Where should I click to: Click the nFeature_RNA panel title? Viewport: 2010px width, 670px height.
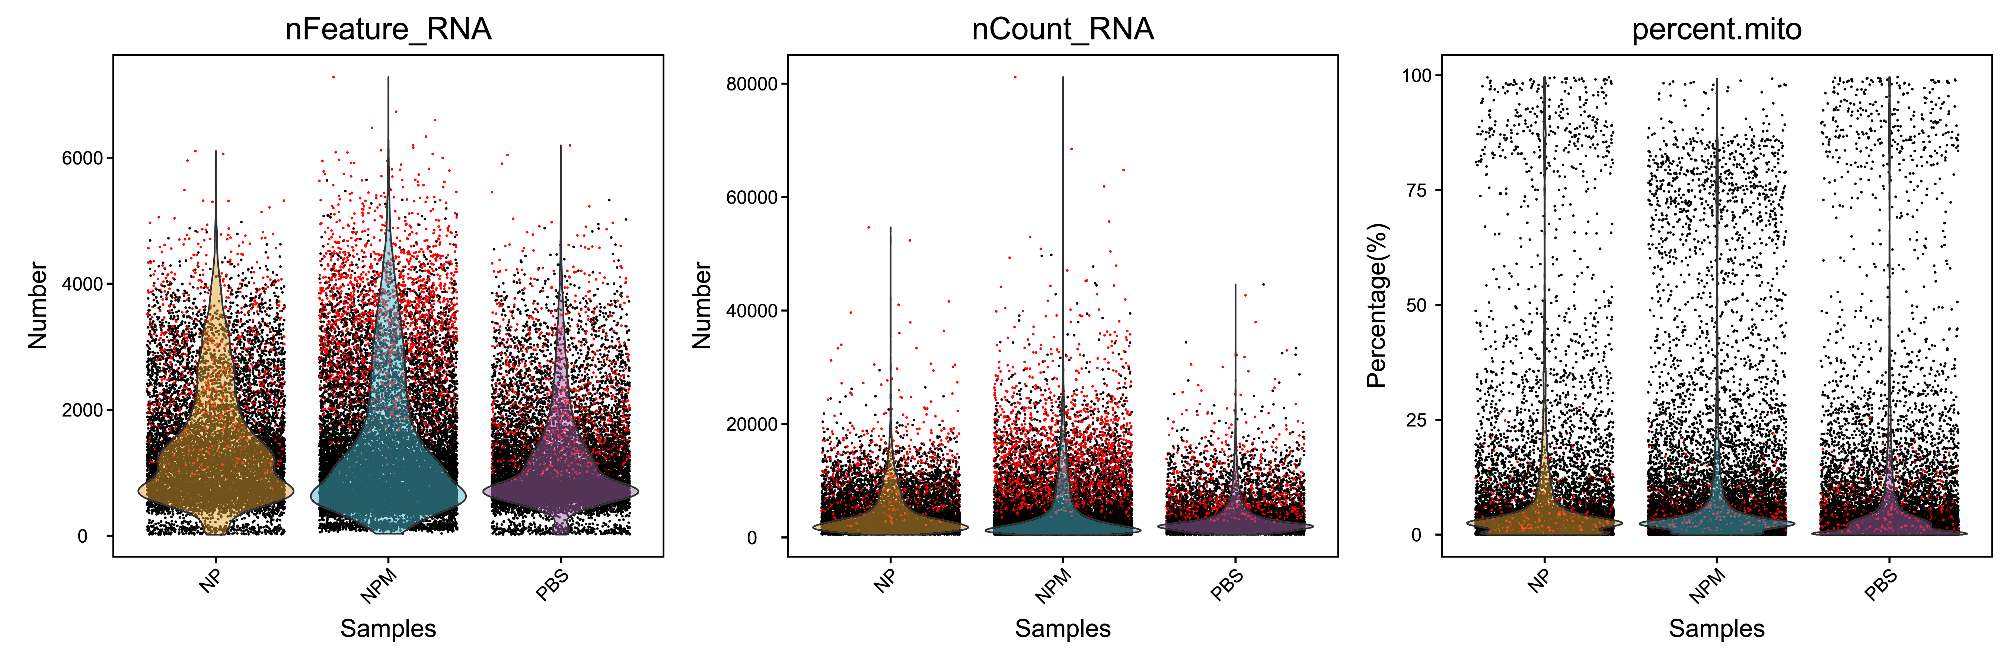[388, 30]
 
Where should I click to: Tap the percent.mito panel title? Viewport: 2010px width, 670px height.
[1717, 30]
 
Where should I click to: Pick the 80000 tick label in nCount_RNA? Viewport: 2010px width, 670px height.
[752, 84]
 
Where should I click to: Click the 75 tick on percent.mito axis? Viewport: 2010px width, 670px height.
[1416, 190]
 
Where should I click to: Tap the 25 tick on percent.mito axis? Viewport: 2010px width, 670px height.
[1416, 420]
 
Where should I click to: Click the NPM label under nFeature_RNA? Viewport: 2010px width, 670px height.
[379, 587]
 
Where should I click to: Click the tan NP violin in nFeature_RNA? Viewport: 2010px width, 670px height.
[216, 468]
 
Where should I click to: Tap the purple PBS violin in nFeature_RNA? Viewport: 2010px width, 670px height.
[560, 488]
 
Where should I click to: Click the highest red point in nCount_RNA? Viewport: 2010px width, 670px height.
[1014, 76]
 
